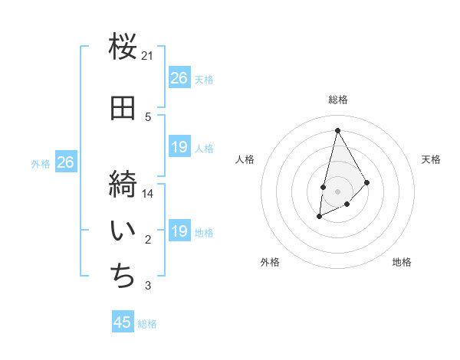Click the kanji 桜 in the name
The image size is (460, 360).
123,47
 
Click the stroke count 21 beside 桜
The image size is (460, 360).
147,56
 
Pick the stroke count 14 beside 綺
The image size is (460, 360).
148,194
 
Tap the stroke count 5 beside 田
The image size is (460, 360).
148,116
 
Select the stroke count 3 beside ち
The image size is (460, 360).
148,286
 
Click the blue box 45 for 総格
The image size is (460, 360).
123,322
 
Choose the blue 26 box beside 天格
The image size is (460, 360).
179,78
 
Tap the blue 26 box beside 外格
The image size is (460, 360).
66,162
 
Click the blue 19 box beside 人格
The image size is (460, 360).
179,147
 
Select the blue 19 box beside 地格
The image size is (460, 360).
179,231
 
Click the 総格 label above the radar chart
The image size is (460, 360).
337,100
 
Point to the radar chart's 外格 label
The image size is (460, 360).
270,262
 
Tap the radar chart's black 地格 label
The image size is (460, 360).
402,262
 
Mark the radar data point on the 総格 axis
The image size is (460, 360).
337,130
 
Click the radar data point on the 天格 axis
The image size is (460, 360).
367,182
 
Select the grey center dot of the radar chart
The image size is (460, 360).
337,190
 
